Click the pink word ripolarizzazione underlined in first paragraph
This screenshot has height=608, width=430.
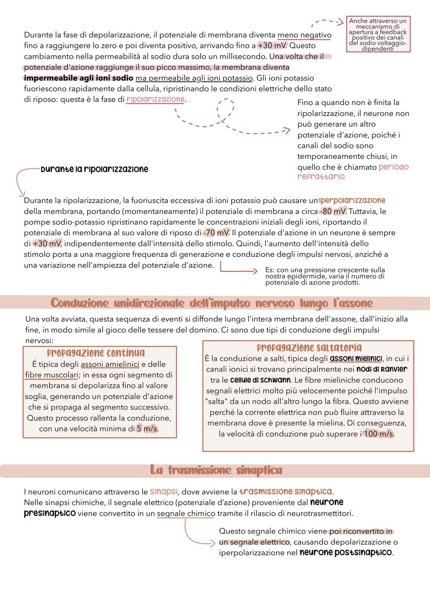(156, 99)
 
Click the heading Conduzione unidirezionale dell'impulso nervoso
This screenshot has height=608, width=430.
(211, 303)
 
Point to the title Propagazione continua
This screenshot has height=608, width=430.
(96, 353)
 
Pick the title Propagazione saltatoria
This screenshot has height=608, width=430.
(309, 348)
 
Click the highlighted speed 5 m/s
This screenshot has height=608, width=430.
(147, 429)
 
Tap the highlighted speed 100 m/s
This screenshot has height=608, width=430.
(378, 434)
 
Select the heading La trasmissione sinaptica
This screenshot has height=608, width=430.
(216, 470)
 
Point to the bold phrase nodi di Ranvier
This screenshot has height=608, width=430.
(382, 369)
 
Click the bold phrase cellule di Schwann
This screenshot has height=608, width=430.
(260, 380)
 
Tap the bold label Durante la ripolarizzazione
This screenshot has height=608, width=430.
(94, 169)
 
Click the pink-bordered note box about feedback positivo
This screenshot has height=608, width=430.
(378, 34)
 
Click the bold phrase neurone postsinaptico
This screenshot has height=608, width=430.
(346, 553)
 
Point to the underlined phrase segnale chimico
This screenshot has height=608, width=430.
(186, 513)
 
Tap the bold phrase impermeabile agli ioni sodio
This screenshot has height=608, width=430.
(78, 78)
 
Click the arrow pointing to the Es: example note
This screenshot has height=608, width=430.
(238, 270)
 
